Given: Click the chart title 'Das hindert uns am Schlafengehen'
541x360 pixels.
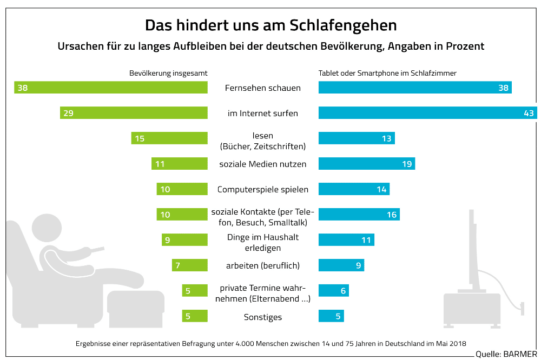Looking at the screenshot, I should click(x=270, y=25).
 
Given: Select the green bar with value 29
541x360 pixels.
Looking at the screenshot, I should click(x=134, y=113).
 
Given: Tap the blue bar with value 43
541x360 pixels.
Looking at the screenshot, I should click(x=427, y=113).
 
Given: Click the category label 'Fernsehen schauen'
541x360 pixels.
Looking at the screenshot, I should click(x=262, y=88).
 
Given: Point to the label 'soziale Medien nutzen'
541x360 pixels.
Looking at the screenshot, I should click(x=262, y=164).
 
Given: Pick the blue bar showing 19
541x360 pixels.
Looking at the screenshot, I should click(x=366, y=164).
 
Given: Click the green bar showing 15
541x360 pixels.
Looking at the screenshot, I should click(x=169, y=138).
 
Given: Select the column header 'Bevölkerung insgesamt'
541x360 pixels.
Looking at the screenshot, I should click(x=168, y=73).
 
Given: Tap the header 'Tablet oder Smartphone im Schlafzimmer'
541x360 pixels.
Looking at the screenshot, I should click(x=387, y=73).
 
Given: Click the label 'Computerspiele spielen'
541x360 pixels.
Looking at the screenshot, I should click(x=262, y=189).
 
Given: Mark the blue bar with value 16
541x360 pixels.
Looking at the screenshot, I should click(x=360, y=215).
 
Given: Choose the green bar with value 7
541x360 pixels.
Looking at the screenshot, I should click(x=190, y=265).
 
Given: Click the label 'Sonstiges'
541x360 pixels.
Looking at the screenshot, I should click(x=262, y=317).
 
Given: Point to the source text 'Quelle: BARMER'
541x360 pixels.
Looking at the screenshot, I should click(x=506, y=354).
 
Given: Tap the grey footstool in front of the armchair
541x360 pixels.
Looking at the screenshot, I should click(x=135, y=308).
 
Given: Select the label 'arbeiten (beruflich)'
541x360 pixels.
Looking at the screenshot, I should click(x=262, y=265).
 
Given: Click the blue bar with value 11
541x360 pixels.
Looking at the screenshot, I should click(x=346, y=240).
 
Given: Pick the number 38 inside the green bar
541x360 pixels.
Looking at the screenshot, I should click(x=22, y=88).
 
